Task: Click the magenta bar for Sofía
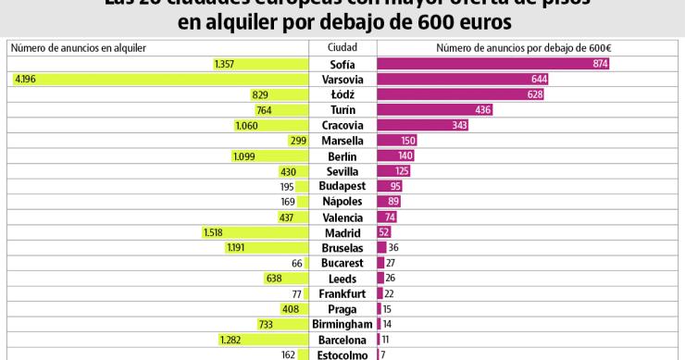pyautogui.click(x=492, y=64)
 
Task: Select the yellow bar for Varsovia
pyautogui.click(x=157, y=80)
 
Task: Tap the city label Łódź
pyautogui.click(x=342, y=94)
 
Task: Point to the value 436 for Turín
pyautogui.click(x=482, y=110)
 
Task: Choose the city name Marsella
pyautogui.click(x=342, y=141)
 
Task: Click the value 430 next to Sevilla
pyautogui.click(x=287, y=171)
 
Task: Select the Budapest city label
pyautogui.click(x=342, y=186)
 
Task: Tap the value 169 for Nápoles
pyautogui.click(x=287, y=202)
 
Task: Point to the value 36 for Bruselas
pyautogui.click(x=393, y=247)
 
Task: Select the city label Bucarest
pyautogui.click(x=342, y=263)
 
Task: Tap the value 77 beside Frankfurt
pyautogui.click(x=297, y=293)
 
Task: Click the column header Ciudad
pyautogui.click(x=342, y=47)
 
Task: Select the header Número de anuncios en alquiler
pyautogui.click(x=79, y=47)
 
